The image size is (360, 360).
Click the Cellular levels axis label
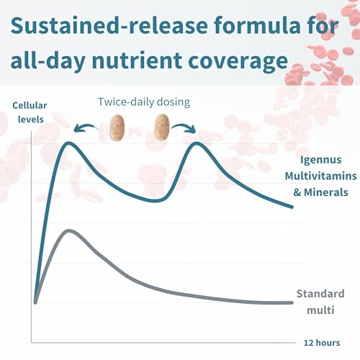[29, 111]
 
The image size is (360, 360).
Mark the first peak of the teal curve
[70, 143]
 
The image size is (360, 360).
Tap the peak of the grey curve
[68, 230]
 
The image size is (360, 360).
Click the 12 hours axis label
[321, 342]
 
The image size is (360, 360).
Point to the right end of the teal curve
[292, 207]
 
